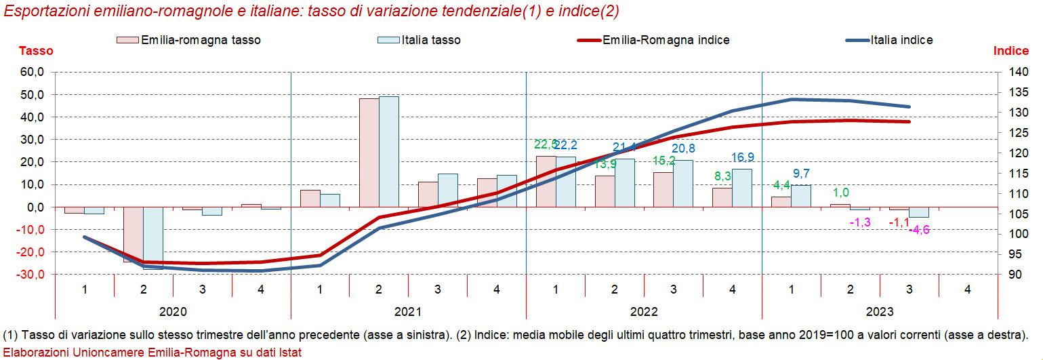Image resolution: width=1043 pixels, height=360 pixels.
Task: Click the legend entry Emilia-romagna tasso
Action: (201, 40)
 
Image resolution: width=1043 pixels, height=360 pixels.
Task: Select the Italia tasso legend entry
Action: (431, 40)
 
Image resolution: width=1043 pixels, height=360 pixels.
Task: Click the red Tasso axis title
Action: (36, 51)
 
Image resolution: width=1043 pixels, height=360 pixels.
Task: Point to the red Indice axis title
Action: (1010, 51)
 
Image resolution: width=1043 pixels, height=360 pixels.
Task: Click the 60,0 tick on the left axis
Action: (32, 72)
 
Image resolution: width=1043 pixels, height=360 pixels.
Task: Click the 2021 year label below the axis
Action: (408, 312)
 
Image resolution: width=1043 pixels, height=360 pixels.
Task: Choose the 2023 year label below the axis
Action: (880, 312)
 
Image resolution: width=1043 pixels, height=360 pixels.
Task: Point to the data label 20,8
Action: (682, 148)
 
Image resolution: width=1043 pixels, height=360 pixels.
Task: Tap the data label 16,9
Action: (741, 157)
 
